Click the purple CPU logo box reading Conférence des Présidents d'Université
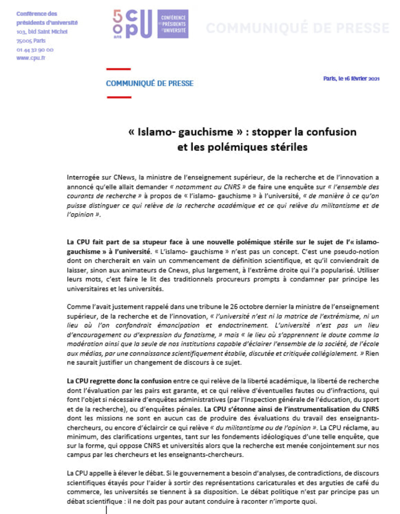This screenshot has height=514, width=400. click(173, 24)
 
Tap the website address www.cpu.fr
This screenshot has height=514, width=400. click(31, 58)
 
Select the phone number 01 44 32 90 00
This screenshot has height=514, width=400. click(35, 50)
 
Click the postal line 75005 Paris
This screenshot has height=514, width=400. click(31, 41)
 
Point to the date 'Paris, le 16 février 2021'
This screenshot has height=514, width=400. click(351, 79)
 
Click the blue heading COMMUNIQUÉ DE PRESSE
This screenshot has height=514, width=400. click(150, 83)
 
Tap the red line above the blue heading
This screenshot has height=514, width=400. click(119, 69)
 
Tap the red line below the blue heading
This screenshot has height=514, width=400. click(119, 97)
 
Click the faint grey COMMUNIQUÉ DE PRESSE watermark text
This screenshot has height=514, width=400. click(298, 28)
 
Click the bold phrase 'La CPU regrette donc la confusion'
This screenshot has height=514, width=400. click(119, 381)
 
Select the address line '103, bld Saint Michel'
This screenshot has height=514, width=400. click(42, 32)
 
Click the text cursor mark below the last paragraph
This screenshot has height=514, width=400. click(106, 510)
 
